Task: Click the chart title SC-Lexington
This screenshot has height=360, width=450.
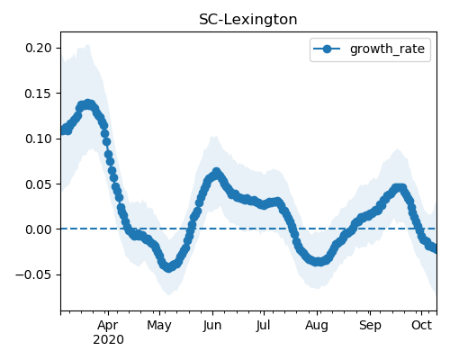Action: click(x=248, y=20)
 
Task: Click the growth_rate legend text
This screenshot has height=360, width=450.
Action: click(x=387, y=49)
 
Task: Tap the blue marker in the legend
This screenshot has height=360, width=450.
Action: click(x=327, y=49)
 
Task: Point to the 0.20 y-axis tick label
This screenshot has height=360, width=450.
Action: click(x=39, y=48)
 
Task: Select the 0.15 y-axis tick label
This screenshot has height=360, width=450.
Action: click(x=39, y=94)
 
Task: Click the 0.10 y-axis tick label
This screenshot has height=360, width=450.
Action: click(x=39, y=139)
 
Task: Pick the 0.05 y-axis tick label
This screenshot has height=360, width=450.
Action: click(x=39, y=184)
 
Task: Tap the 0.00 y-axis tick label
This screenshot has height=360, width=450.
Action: click(x=39, y=229)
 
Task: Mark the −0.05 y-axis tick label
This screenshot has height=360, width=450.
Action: click(x=33, y=274)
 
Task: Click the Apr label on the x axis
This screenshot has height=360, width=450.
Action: click(x=108, y=326)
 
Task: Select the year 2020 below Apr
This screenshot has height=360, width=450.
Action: click(x=108, y=340)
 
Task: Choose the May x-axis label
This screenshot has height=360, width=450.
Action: click(x=159, y=326)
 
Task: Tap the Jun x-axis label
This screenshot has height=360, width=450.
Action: click(x=212, y=326)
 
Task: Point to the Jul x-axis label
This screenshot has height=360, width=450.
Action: click(x=263, y=326)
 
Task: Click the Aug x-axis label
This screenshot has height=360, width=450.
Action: click(x=317, y=326)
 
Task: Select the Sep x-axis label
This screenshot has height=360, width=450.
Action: click(x=370, y=326)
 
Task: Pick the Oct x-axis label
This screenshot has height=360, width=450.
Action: click(x=421, y=325)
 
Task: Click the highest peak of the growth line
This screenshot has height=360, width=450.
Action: click(x=87, y=104)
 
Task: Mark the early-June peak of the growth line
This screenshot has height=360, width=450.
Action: click(x=216, y=173)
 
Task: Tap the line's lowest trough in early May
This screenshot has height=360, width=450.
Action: click(x=169, y=267)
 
